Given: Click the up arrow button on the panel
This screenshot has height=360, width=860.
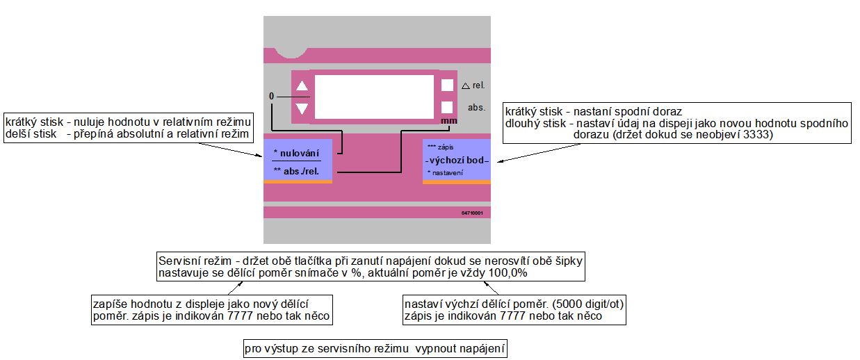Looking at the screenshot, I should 302,86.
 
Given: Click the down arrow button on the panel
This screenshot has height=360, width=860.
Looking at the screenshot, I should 302,108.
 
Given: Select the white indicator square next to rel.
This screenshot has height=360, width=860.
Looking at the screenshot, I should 447,85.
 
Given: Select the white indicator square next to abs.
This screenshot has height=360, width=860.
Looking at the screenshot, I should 447,107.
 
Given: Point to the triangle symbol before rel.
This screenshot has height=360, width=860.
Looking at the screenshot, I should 466,86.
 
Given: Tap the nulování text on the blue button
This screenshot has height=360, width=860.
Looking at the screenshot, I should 297,152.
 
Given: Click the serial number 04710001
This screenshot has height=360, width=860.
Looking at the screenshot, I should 471,213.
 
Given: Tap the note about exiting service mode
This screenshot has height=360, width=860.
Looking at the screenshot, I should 375,347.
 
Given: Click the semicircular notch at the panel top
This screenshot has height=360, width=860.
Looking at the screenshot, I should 291,49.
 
